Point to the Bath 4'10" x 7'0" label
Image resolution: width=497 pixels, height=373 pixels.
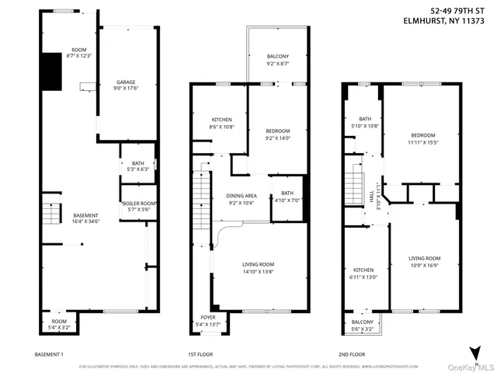pyautogui.click(x=287, y=197)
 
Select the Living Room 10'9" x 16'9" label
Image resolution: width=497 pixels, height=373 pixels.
pyautogui.click(x=425, y=262)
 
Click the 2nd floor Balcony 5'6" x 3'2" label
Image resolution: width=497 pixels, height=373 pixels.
pyautogui.click(x=362, y=326)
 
